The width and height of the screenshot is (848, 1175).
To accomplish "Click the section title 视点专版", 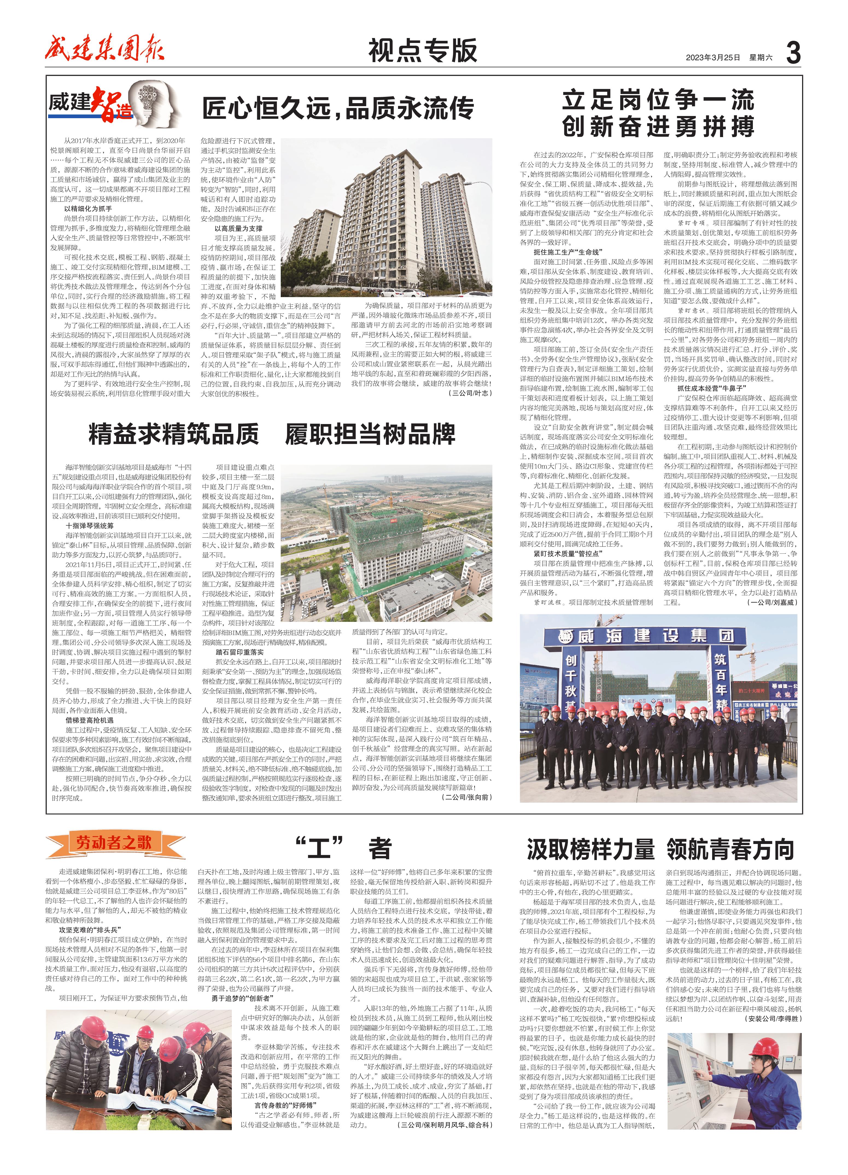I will click(x=422, y=51).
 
